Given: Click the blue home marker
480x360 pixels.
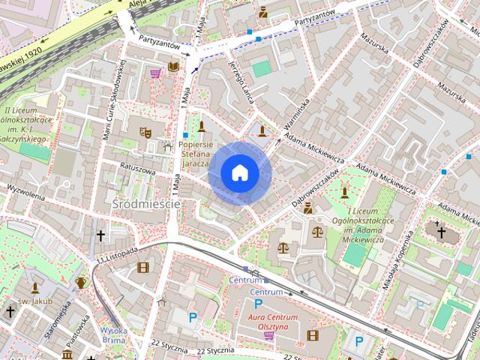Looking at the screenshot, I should tap(239, 173).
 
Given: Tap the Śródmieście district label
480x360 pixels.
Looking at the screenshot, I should tap(146, 203).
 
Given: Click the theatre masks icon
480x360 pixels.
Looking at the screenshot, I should tap(145, 133).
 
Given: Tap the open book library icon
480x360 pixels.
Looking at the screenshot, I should tap(174, 67).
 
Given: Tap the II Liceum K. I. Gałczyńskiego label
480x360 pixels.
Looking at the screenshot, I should tap(26, 124).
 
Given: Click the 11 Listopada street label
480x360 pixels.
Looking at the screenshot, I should tap(117, 254).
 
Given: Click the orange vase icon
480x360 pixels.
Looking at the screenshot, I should tap(81, 283).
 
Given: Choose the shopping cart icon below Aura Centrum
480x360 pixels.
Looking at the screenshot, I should tap(268, 335).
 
